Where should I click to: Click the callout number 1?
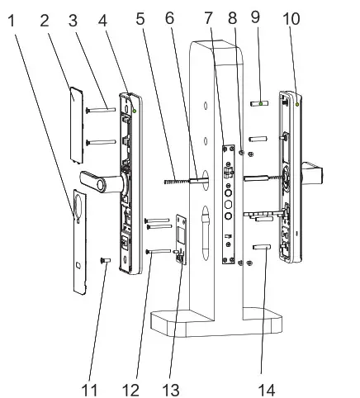[x=11, y=18]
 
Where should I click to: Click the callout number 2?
[x=43, y=18]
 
